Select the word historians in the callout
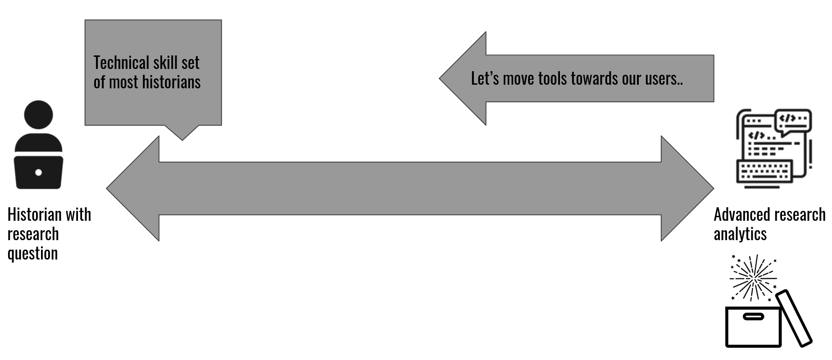[171, 82]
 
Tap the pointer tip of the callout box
[182, 139]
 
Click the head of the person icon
[38, 114]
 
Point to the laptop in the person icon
[38, 172]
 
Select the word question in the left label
[32, 253]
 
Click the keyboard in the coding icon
[764, 171]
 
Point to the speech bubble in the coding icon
[793, 120]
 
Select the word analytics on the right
[740, 234]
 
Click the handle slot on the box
[753, 317]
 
